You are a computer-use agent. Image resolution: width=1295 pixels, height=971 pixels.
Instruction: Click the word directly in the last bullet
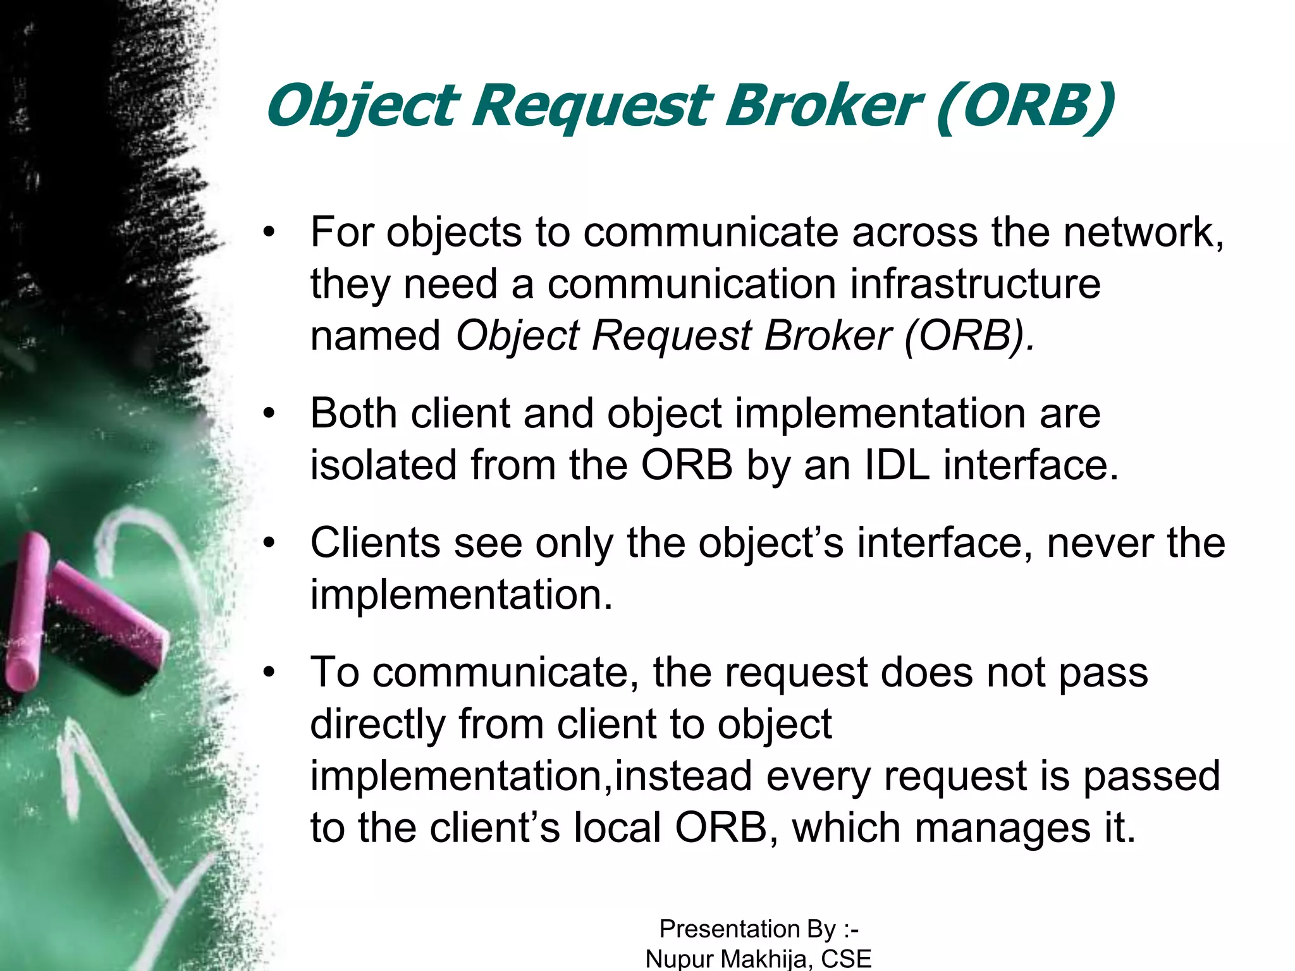point(377,724)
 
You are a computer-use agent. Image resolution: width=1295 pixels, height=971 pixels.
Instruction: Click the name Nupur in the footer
point(680,959)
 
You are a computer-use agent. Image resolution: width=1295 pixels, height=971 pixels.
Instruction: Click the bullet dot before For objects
point(270,233)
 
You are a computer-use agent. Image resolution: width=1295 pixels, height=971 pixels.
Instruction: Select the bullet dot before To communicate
point(270,673)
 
